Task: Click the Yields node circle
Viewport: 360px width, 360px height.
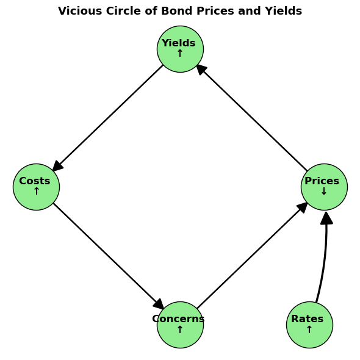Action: click(180, 49)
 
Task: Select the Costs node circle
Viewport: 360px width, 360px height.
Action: click(36, 187)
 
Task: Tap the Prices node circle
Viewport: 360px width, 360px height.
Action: click(324, 187)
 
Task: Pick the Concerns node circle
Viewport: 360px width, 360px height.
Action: click(180, 325)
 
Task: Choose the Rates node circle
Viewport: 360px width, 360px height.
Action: click(309, 325)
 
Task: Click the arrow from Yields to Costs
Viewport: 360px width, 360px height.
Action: click(107, 118)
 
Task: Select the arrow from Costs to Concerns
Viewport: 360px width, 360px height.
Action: click(109, 256)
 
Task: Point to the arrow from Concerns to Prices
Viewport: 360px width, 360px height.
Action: click(253, 256)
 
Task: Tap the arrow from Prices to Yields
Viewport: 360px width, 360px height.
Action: click(252, 118)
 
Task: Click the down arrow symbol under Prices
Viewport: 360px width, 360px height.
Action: click(324, 191)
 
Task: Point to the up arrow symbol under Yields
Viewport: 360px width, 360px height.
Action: click(180, 53)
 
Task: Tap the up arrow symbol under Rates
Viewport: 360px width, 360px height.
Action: click(309, 329)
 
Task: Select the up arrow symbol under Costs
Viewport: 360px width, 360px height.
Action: click(36, 191)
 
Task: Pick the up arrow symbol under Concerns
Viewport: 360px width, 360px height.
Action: click(180, 329)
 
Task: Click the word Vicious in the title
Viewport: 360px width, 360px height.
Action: click(80, 11)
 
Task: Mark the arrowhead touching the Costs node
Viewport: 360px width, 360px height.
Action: click(57, 166)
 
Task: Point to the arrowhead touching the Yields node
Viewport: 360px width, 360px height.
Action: click(201, 70)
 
